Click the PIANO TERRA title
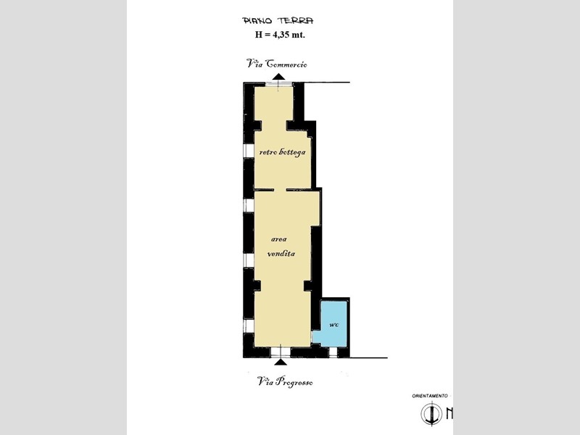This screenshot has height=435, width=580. coord(278,20)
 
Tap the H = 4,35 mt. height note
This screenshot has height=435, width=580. coord(280,35)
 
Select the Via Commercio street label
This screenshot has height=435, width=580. coord(277,64)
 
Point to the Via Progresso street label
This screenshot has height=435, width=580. coord(285,381)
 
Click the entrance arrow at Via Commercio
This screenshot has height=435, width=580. coord(279,77)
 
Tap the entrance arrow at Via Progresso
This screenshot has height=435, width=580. coord(281,361)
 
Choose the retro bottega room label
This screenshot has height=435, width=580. coord(282,152)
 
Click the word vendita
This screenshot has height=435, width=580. coord(281,254)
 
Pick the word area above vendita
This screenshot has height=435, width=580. coord(279,239)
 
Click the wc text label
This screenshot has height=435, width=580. coord(333,325)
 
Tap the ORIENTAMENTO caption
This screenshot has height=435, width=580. coord(430,396)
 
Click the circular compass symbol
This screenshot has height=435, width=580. coord(431,413)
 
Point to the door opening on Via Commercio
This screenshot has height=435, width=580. coord(279,85)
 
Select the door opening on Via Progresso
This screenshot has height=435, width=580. coord(281,352)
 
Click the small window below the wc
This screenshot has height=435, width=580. coord(333,352)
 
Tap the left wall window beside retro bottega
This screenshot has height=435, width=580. coord(249,151)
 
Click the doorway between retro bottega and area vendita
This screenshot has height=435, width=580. coord(280,190)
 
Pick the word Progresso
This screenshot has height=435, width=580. coord(295,382)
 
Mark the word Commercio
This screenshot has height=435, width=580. coord(286,64)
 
